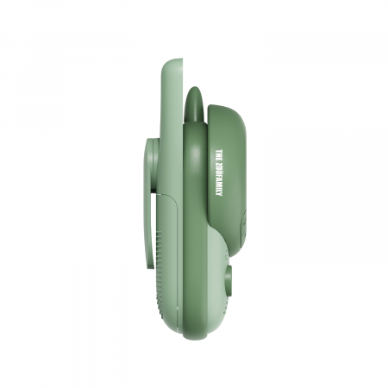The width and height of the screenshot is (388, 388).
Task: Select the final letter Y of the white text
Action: [218, 197]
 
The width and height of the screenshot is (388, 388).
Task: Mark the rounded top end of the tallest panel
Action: [172, 63]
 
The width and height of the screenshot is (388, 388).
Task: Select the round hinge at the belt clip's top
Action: [153, 147]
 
